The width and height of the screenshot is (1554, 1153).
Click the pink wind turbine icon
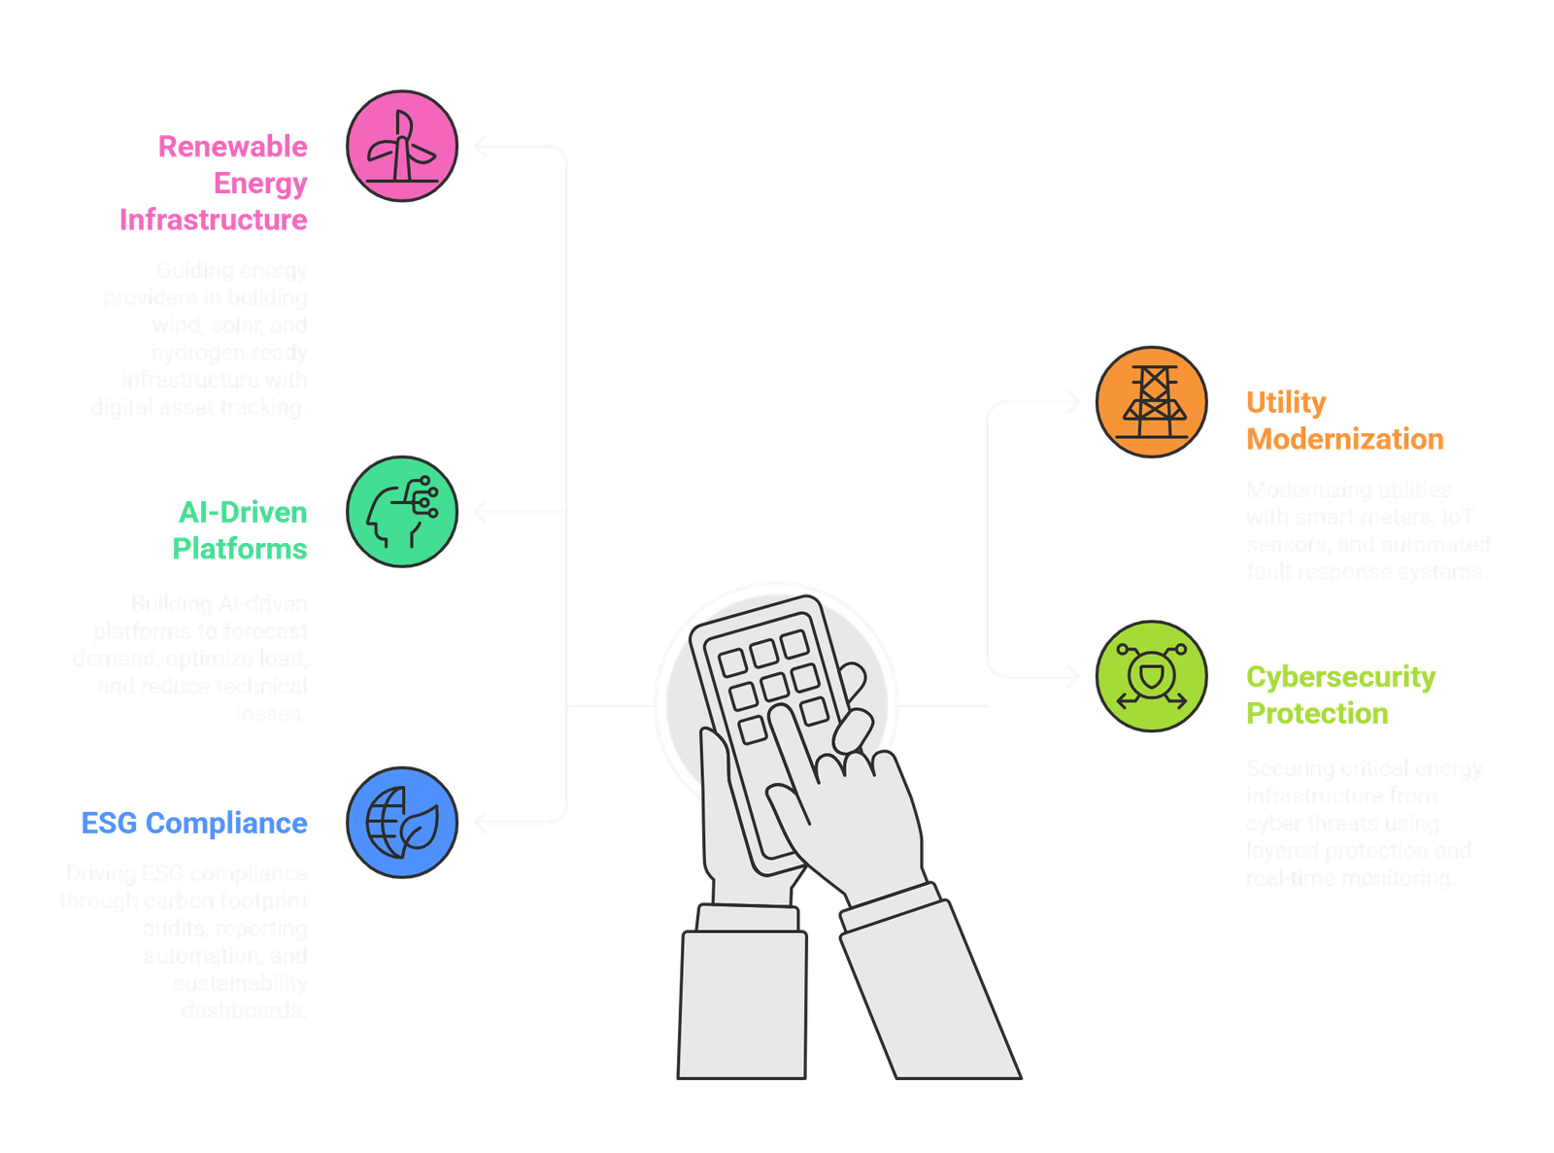[x=401, y=147]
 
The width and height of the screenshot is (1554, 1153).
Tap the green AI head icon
[x=401, y=512]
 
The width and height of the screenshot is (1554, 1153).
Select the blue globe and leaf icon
[x=401, y=823]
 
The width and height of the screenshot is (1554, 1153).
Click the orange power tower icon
[x=1151, y=402]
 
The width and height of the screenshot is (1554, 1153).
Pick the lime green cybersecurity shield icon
[x=1151, y=676]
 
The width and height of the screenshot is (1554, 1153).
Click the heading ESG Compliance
[x=194, y=824]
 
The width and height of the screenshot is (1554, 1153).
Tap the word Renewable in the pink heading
[x=233, y=147]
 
